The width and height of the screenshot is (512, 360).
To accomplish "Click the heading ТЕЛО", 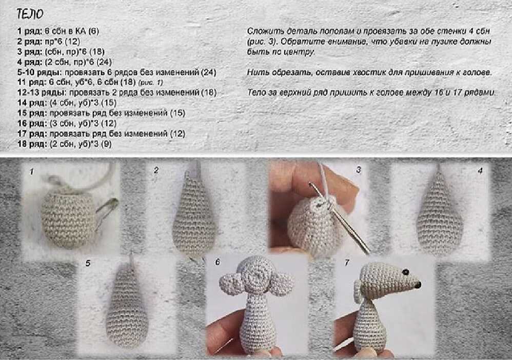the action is (30, 14).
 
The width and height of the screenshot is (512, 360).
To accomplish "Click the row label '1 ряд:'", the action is (30, 31).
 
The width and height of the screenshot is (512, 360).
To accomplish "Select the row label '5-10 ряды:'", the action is (40, 72).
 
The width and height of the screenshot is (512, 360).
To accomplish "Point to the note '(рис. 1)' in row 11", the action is (150, 83).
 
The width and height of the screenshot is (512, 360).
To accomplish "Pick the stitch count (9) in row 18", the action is (106, 144).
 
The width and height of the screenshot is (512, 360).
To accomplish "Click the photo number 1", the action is (32, 172).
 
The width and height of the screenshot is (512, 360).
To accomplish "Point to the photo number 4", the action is (480, 171).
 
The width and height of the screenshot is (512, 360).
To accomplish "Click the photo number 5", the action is (88, 263).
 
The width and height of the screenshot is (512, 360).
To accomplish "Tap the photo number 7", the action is (347, 263).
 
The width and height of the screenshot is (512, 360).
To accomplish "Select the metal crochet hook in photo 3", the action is (340, 218).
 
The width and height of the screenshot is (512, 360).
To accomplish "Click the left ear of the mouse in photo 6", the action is (231, 283).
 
